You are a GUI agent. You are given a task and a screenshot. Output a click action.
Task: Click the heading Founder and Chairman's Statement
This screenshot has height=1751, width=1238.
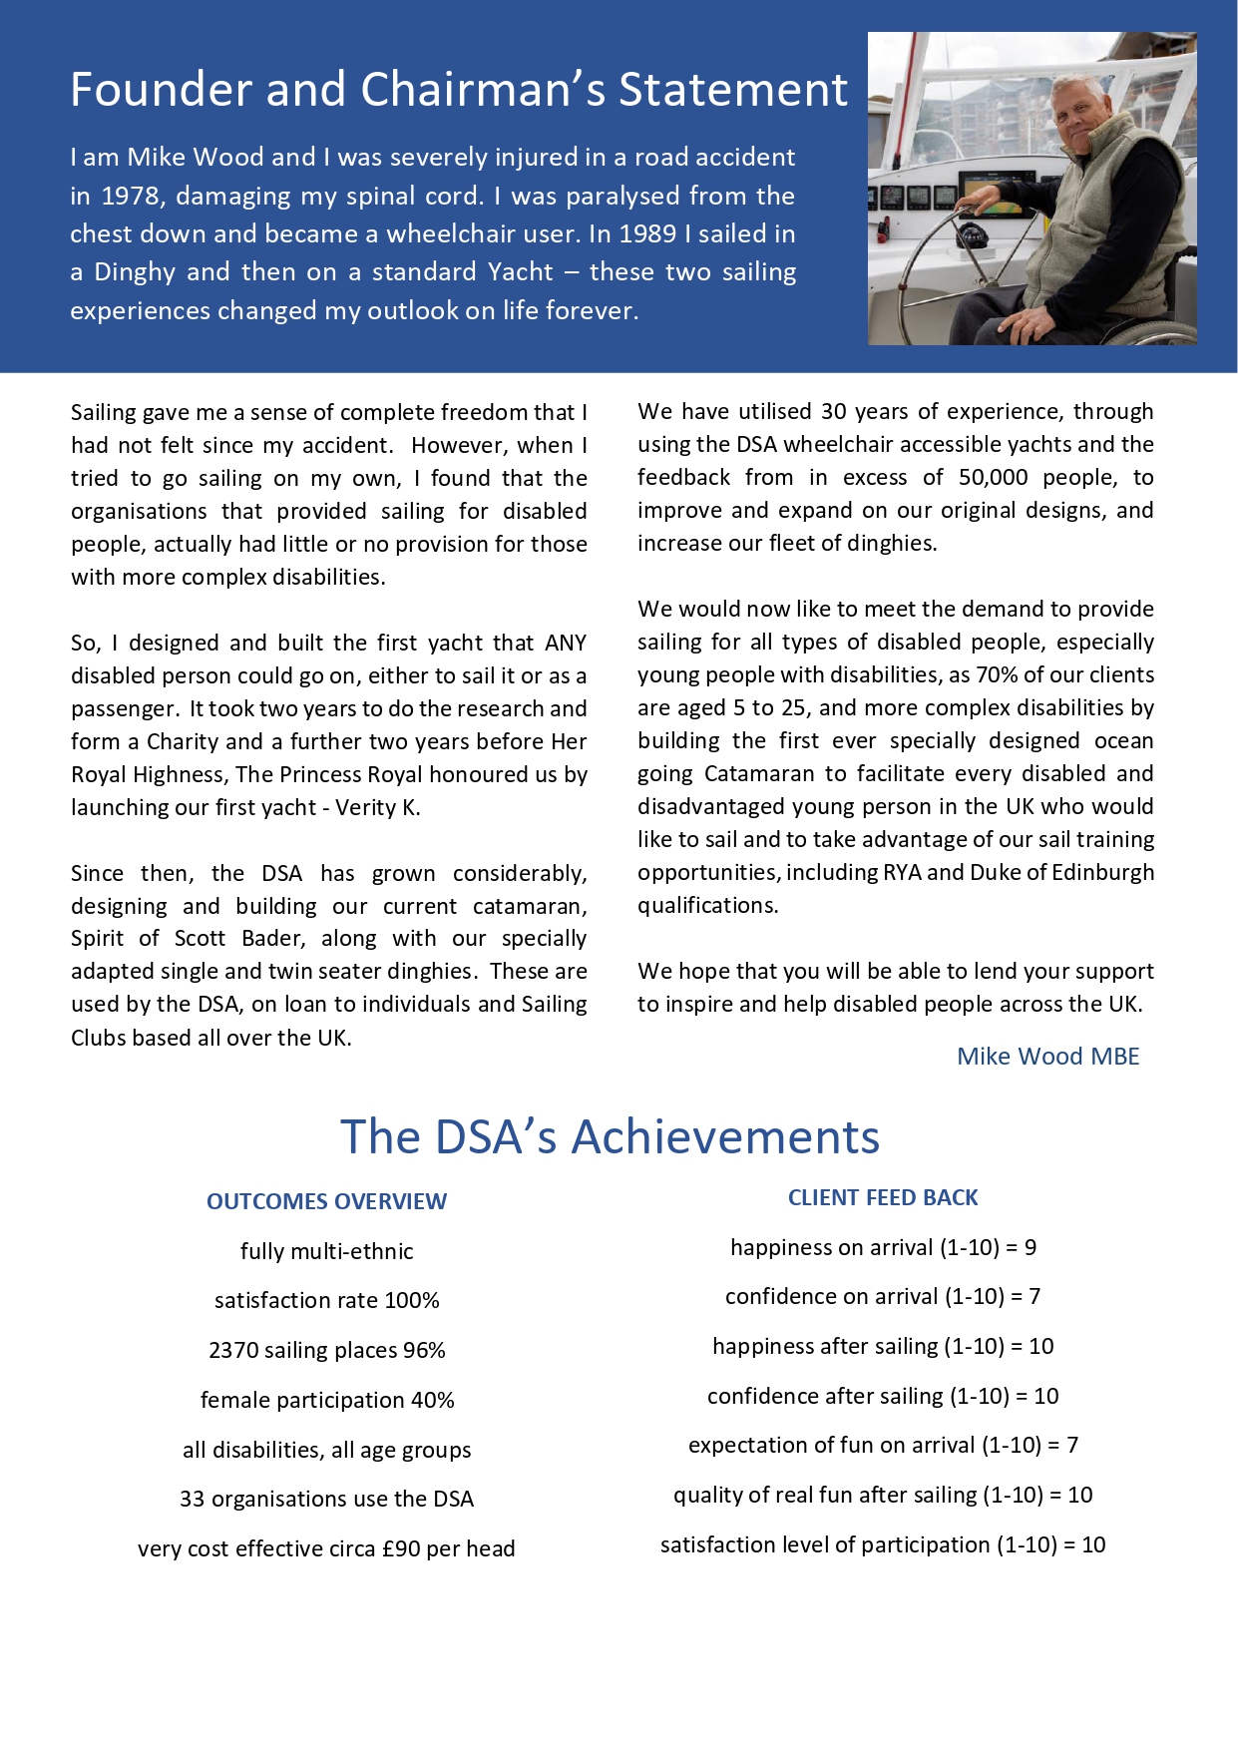pyautogui.click(x=459, y=90)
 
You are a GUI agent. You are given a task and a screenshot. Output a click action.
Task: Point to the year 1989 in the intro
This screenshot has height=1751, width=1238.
pyautogui.click(x=647, y=234)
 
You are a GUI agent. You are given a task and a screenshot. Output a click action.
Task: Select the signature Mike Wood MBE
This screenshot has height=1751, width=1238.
pyautogui.click(x=1047, y=1057)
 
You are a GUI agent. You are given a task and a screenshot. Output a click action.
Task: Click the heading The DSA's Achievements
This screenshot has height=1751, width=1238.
pyautogui.click(x=610, y=1136)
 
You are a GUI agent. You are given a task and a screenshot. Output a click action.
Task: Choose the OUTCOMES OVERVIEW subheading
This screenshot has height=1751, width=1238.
pyautogui.click(x=326, y=1201)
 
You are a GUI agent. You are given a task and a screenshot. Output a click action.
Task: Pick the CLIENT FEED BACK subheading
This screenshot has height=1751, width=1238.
pyautogui.click(x=883, y=1197)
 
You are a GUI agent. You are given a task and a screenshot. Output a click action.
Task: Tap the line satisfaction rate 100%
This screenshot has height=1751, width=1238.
pyautogui.click(x=326, y=1300)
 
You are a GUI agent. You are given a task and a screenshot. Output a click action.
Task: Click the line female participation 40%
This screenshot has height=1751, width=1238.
pyautogui.click(x=326, y=1400)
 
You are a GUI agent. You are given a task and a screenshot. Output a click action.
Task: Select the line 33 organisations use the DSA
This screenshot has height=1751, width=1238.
pyautogui.click(x=326, y=1499)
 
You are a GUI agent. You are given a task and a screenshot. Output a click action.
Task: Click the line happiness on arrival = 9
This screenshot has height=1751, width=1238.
pyautogui.click(x=883, y=1247)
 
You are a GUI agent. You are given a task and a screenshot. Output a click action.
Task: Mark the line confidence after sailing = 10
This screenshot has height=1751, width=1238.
pyautogui.click(x=883, y=1396)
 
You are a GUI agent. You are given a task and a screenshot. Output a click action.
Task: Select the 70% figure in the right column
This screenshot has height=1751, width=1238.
pyautogui.click(x=997, y=675)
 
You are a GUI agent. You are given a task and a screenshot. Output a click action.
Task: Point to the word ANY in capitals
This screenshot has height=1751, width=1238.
pyautogui.click(x=566, y=644)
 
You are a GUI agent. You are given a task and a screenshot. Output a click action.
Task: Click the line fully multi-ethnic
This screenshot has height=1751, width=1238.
pyautogui.click(x=326, y=1251)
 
